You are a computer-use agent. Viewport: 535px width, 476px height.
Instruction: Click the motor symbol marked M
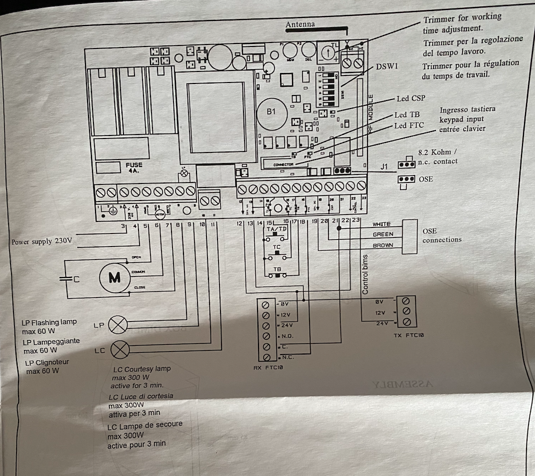click(114, 278)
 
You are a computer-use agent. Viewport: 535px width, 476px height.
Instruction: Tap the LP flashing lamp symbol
click(118, 325)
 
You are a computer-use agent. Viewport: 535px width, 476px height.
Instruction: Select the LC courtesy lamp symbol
click(119, 349)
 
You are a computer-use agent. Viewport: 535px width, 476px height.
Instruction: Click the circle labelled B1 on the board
click(270, 112)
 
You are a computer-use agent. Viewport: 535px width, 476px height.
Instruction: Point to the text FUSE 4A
click(133, 167)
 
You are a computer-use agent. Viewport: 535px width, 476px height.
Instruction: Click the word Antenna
click(300, 24)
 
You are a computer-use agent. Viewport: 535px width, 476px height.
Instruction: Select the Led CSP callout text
click(410, 98)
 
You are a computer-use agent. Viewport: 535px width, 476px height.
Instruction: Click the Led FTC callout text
click(409, 125)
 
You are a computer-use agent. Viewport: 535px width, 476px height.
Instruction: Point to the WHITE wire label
click(381, 224)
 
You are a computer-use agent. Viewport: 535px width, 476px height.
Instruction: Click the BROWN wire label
click(382, 245)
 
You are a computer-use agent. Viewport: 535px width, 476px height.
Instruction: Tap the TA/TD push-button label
click(276, 229)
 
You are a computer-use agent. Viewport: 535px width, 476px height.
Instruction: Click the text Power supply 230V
click(41, 241)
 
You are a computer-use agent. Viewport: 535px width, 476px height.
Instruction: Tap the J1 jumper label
click(384, 166)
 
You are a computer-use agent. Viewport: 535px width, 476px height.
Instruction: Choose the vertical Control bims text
click(365, 274)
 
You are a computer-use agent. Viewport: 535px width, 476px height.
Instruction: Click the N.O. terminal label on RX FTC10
click(287, 336)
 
